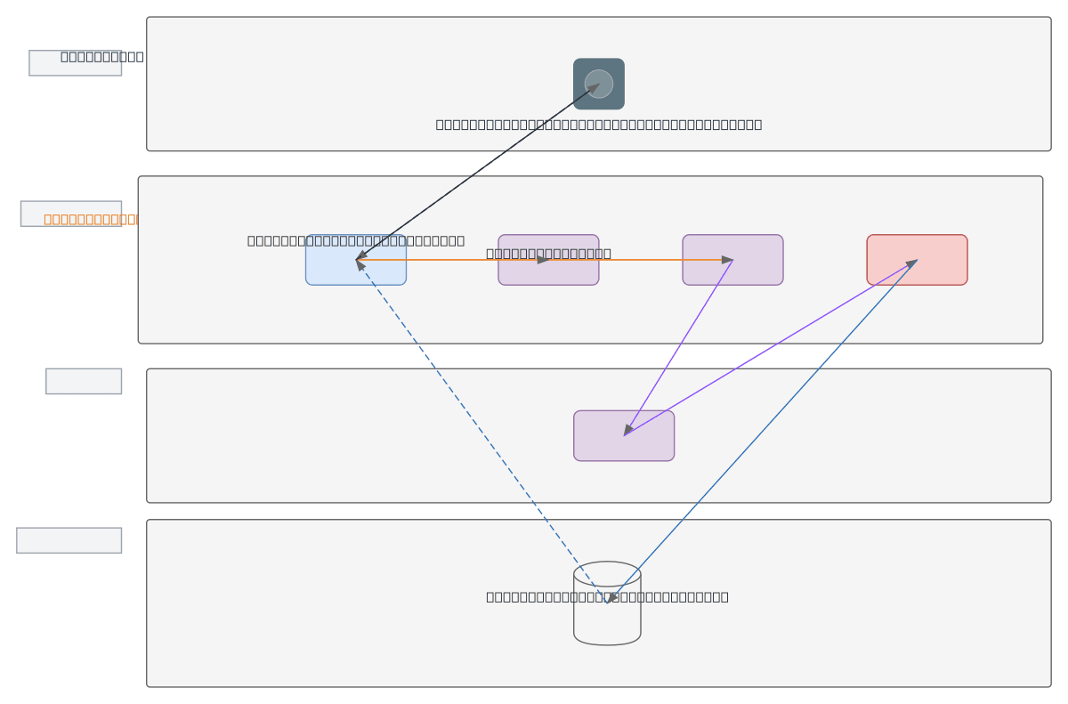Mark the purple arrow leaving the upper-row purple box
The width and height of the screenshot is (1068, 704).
point(678,347)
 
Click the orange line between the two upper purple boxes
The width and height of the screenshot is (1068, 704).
point(641,260)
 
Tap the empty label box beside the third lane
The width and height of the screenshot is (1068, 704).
point(84,381)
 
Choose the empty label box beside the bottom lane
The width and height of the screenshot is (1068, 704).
point(69,540)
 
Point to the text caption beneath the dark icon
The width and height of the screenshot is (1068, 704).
point(598,125)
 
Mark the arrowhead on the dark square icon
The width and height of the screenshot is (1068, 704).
point(593,88)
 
